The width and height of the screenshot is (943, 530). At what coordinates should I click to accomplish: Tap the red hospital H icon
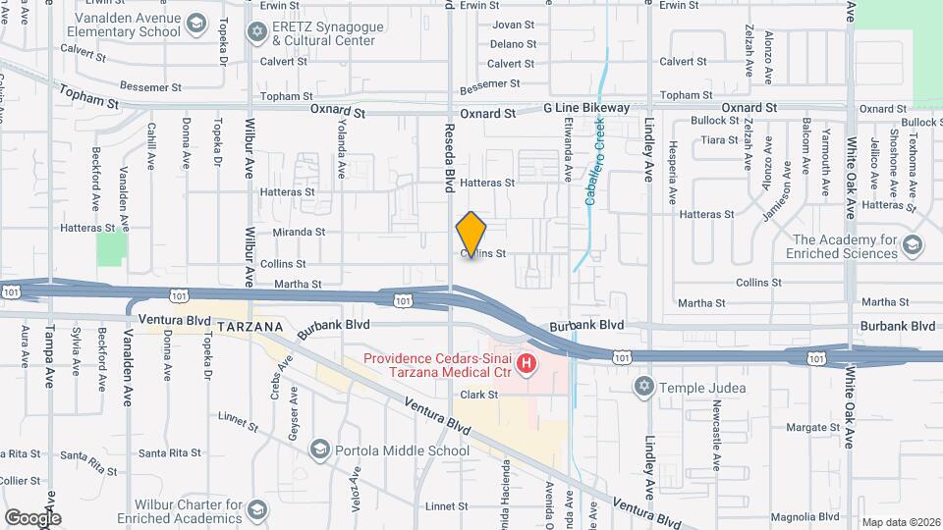coord(527,366)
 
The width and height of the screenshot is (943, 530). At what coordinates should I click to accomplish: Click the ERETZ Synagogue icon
coord(257,32)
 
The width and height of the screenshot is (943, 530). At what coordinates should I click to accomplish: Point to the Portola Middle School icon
coord(319,450)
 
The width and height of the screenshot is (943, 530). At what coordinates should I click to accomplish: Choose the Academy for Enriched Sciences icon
coord(912,244)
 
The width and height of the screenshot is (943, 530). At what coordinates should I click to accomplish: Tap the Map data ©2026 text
coord(900,522)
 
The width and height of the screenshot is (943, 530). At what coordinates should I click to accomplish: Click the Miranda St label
coord(299,232)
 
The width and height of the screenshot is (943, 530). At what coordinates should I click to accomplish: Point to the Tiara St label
coord(719,140)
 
